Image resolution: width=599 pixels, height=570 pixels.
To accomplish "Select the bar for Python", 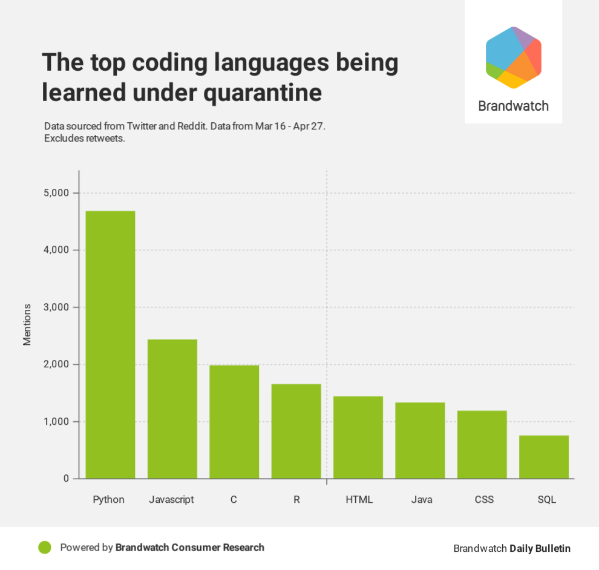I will [110, 345].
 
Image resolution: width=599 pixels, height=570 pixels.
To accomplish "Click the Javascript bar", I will [172, 409].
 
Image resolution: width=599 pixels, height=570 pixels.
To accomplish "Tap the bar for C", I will [234, 422].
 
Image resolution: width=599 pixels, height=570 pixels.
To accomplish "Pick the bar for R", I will [296, 431].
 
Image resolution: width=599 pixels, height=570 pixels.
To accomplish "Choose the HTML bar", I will [358, 437].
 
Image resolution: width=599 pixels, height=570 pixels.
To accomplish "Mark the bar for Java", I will [420, 441].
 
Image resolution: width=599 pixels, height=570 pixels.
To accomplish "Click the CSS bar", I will [482, 445].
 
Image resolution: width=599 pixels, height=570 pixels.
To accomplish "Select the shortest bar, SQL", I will [544, 457].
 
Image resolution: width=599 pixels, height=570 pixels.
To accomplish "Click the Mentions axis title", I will [27, 325].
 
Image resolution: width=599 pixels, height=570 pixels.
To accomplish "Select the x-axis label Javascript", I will [171, 500].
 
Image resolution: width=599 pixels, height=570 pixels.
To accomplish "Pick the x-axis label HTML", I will [359, 500].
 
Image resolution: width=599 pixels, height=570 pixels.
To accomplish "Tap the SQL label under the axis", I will [546, 500].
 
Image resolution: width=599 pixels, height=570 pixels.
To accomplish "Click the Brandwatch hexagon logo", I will [513, 57].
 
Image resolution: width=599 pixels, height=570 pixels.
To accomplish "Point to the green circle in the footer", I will [44, 548].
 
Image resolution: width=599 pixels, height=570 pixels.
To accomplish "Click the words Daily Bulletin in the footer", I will [540, 548].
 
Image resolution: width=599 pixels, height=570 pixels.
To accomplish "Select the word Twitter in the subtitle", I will [143, 126].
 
